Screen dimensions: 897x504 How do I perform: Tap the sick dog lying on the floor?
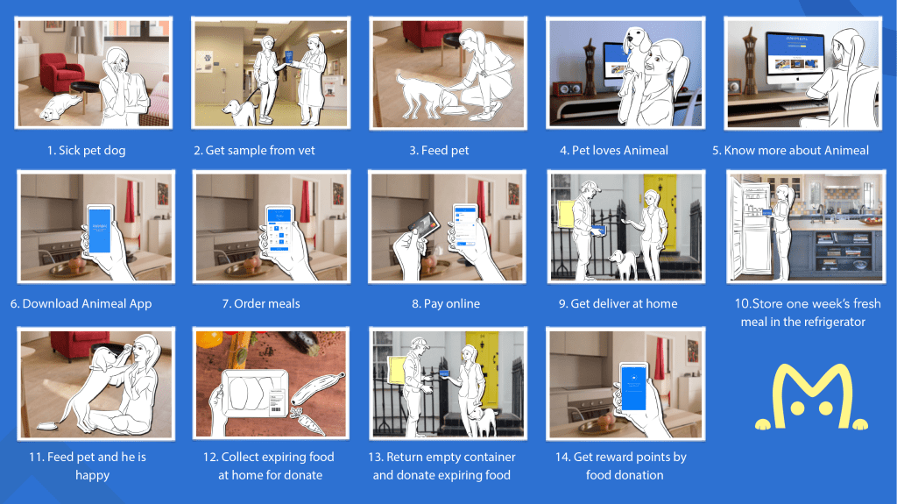pos(60,107)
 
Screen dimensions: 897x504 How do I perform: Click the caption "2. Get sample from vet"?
pos(254,150)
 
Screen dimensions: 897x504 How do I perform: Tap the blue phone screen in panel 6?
pos(100,230)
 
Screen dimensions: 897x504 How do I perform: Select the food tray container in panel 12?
pos(256,394)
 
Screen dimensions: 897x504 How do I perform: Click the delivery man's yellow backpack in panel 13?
pos(397,369)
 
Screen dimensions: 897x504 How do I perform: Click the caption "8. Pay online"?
pos(446,303)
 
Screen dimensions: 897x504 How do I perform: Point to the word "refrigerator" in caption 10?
pos(832,322)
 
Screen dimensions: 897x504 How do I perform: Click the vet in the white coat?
pos(312,79)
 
